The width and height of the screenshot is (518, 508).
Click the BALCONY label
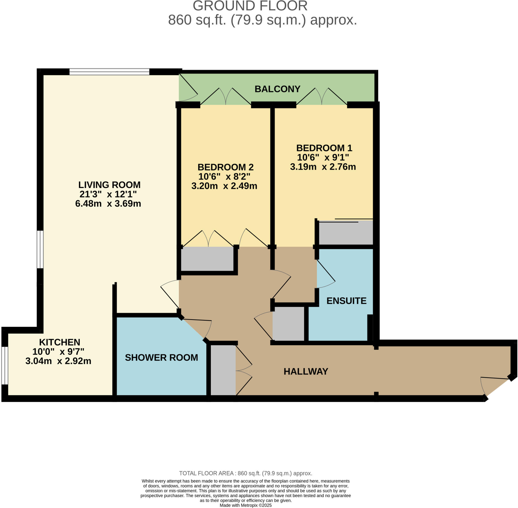(x=277, y=89)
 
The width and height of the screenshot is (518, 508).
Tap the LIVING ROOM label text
(x=109, y=185)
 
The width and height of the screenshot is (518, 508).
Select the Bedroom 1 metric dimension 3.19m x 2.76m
(x=323, y=167)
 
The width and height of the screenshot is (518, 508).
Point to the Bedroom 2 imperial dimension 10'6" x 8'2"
(x=224, y=176)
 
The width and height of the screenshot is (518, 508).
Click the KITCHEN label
(x=59, y=342)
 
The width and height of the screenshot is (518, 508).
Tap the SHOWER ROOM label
(x=161, y=358)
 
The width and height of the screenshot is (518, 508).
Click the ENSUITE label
(x=346, y=301)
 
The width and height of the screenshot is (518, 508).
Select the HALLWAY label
(x=306, y=371)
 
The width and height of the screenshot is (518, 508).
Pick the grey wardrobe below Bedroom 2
(x=207, y=259)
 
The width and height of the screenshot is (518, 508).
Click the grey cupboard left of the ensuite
(x=288, y=324)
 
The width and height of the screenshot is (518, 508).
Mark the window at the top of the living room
(x=109, y=72)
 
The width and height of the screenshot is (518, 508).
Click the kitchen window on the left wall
(x=5, y=366)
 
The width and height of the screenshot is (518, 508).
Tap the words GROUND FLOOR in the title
(x=250, y=6)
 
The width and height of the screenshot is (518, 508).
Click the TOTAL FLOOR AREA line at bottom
(x=245, y=473)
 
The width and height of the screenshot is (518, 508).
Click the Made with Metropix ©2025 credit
(x=245, y=505)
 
